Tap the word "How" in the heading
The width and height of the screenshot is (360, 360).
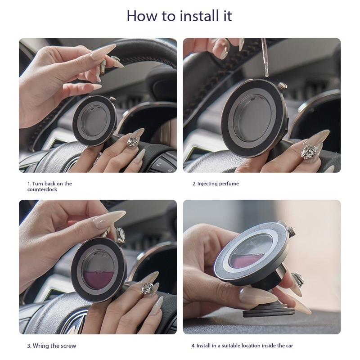(x=143, y=16)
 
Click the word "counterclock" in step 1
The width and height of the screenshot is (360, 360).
(x=42, y=189)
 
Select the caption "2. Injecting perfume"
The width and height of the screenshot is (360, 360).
(x=216, y=184)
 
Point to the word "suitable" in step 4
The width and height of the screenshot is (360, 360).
(x=231, y=346)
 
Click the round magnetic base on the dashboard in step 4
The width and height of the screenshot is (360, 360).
(x=269, y=312)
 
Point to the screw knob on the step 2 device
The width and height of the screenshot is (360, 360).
(x=282, y=86)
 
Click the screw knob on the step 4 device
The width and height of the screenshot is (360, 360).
(x=291, y=231)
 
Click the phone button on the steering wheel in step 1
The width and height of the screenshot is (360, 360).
(x=159, y=165)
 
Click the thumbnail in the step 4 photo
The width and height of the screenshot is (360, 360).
(x=258, y=296)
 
